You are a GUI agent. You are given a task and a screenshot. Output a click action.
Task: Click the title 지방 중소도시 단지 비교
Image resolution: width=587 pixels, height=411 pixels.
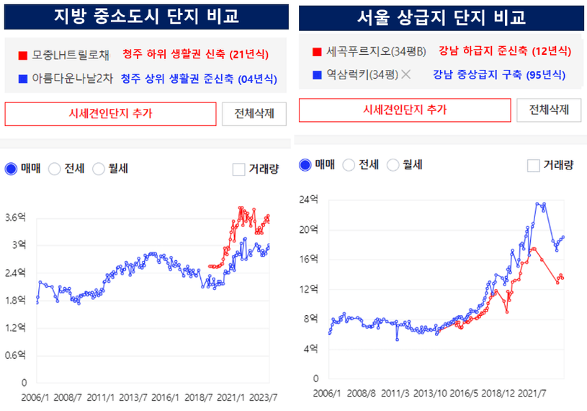(146, 16)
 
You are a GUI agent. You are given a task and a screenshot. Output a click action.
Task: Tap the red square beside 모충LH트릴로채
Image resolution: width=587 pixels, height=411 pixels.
(23, 55)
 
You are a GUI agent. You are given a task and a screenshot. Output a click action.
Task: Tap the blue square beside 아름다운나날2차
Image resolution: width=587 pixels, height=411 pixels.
(23, 78)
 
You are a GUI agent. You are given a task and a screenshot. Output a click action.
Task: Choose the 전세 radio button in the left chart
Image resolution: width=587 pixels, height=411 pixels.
(54, 169)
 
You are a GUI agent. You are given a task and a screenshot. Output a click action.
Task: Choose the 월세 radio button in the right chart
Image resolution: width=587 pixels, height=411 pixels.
(393, 165)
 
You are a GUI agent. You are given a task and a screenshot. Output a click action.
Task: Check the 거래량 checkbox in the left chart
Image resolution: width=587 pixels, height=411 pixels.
(239, 169)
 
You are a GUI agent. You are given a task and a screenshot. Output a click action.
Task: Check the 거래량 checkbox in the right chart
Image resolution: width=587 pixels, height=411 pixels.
(534, 165)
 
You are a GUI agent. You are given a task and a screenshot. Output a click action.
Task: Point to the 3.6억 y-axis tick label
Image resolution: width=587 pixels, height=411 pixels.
(14, 217)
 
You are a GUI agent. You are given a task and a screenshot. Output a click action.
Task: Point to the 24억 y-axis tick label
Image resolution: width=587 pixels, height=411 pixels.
(308, 200)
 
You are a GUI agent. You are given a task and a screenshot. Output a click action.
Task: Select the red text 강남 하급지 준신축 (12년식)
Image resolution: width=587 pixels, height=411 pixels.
(504, 51)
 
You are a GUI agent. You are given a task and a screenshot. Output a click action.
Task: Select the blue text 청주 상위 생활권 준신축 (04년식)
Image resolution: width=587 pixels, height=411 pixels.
(198, 78)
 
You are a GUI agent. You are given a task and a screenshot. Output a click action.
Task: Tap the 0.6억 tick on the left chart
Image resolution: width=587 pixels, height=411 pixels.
(14, 355)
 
